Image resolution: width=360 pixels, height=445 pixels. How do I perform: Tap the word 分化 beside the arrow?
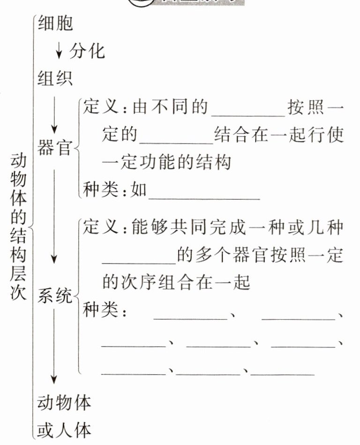tap(87, 51)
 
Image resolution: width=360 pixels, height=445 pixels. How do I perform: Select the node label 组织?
tap(55, 78)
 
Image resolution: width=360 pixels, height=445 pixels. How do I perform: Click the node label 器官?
tap(55, 148)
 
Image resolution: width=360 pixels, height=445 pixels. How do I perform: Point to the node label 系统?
tap(55, 296)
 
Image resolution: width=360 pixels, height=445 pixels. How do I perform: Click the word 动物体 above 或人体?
tap(64, 402)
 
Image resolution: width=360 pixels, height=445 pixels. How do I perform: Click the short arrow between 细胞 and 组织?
tap(59, 51)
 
